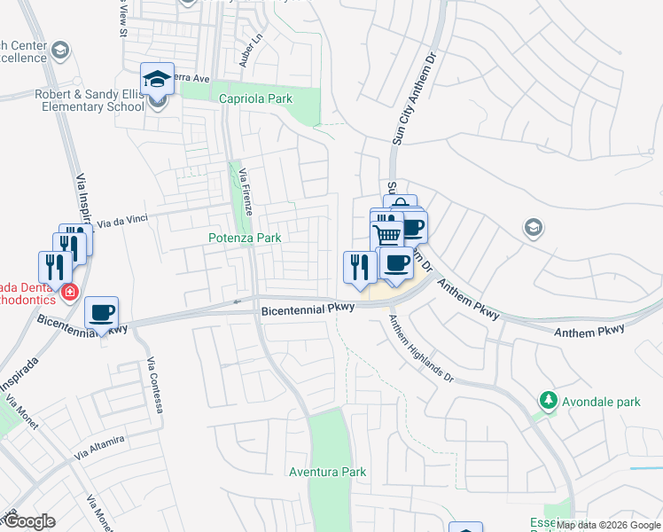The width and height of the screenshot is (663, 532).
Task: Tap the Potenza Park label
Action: click(x=245, y=238)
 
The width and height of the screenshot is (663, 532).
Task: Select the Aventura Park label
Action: click(x=327, y=472)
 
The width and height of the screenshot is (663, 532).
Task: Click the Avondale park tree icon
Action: click(x=549, y=402)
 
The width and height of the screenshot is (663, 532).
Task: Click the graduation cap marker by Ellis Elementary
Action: click(x=158, y=79)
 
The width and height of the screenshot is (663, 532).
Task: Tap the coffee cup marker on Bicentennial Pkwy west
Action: click(x=102, y=312)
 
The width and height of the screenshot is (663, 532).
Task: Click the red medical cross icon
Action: click(x=69, y=291)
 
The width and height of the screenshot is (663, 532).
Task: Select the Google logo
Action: click(x=29, y=521)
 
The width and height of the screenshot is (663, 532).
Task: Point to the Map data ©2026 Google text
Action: click(x=608, y=525)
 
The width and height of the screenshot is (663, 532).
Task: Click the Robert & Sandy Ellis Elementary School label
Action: click(x=89, y=100)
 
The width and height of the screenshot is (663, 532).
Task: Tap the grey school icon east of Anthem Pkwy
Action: click(x=532, y=227)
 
